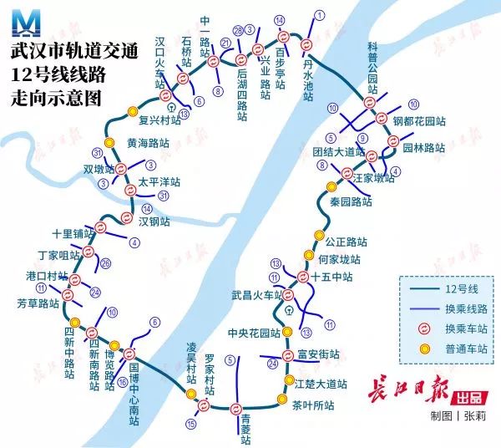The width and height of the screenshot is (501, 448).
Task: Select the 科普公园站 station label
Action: [372, 67]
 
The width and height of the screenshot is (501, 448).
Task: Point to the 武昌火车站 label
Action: [258, 295]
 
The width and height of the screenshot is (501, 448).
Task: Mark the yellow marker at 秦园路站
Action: [331, 186]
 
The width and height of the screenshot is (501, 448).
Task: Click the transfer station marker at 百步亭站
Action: [283, 37]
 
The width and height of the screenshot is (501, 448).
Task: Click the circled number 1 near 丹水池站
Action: [317, 14]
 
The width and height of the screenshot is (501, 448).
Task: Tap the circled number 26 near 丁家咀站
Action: [105, 263]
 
